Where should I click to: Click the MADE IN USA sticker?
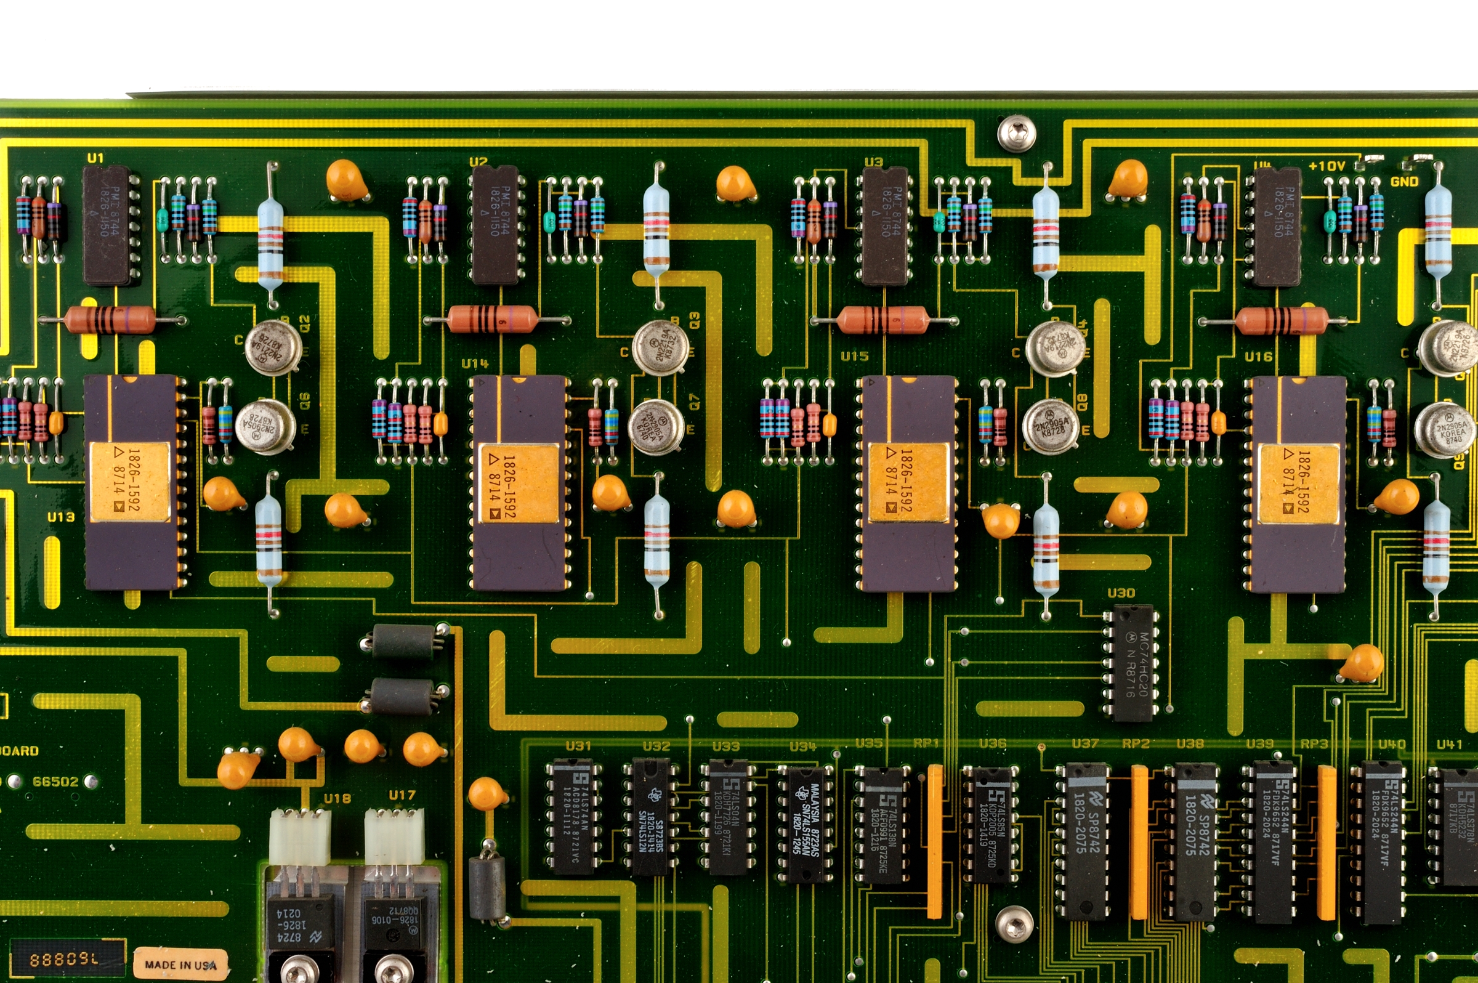click(180, 964)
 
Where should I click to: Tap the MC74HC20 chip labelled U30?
click(1130, 663)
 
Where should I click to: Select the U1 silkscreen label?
click(95, 158)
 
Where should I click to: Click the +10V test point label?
click(1327, 166)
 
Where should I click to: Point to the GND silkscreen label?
click(1404, 182)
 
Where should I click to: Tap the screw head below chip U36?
click(1014, 923)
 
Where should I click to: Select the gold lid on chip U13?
click(130, 482)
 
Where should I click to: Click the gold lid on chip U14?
click(519, 483)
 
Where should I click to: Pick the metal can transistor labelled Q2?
click(273, 348)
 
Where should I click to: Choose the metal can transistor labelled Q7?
click(656, 426)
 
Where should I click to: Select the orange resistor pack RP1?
click(935, 840)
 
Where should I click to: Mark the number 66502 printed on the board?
click(55, 781)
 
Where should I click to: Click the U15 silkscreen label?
click(854, 356)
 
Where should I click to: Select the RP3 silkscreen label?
click(1314, 743)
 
